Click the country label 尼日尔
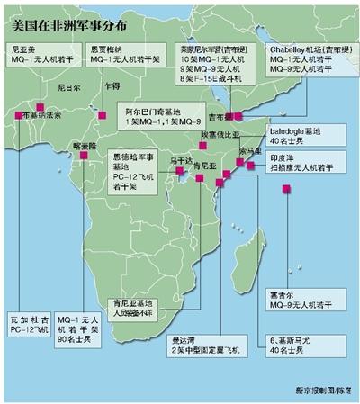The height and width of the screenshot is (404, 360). [57, 89]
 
